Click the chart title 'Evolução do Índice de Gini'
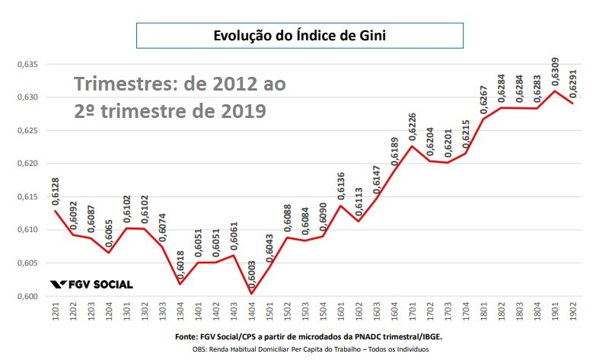point(299,36)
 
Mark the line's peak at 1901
point(555,91)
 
